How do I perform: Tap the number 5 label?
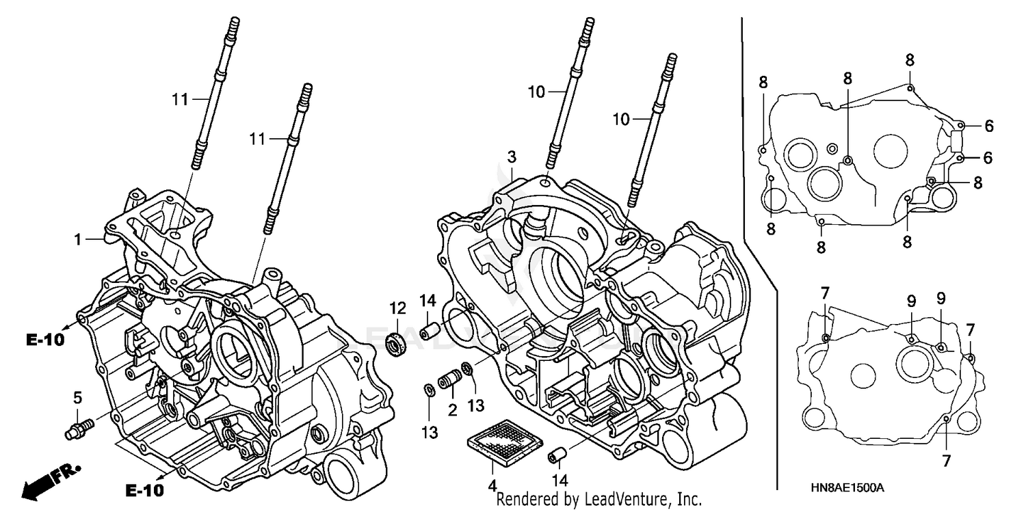(77, 397)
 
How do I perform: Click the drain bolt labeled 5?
(79, 431)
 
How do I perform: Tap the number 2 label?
(452, 410)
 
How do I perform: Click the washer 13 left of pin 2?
(428, 390)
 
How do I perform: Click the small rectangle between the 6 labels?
(958, 142)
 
